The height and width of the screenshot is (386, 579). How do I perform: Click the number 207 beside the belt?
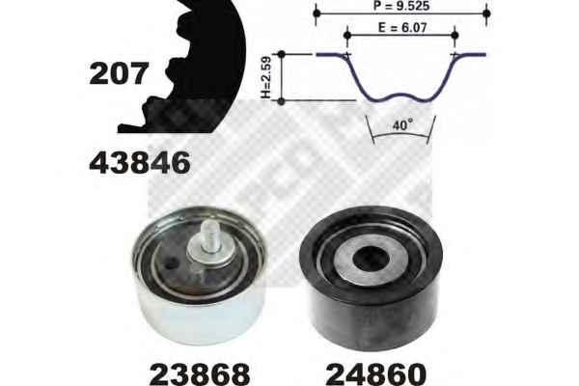tap(119, 73)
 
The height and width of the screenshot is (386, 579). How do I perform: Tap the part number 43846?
tap(140, 162)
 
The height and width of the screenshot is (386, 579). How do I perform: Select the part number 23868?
tap(200, 373)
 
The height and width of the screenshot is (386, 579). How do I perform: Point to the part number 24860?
tap(376, 373)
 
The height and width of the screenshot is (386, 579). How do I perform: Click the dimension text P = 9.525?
tap(401, 6)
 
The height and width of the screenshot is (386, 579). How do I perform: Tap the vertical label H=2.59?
tap(266, 77)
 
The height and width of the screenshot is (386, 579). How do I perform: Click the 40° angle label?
tap(401, 125)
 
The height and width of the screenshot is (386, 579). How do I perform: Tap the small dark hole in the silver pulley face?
tap(170, 264)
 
